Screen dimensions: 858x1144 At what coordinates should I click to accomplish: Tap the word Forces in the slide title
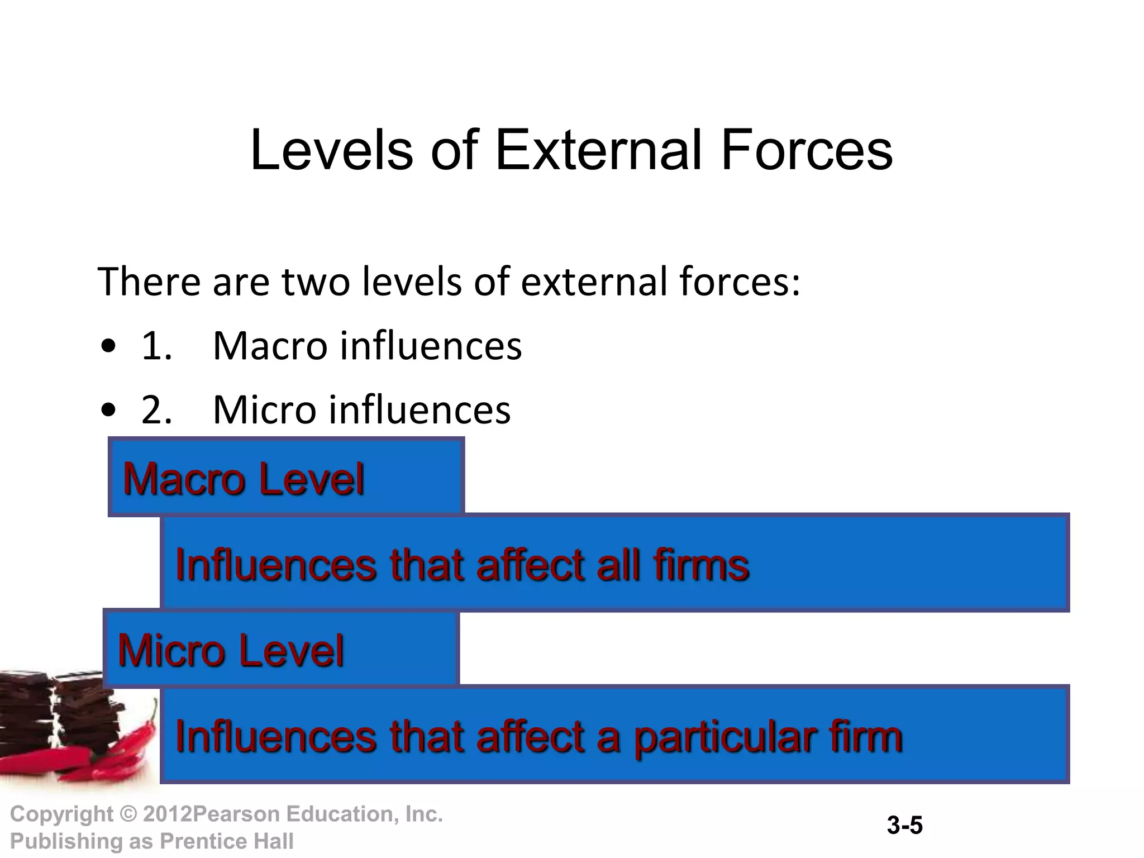pyautogui.click(x=807, y=150)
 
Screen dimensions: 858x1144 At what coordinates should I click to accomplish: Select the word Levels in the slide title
pyautogui.click(x=331, y=150)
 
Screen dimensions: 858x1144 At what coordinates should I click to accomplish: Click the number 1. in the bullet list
pyautogui.click(x=156, y=346)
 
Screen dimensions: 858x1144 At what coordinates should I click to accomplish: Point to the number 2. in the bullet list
pyautogui.click(x=156, y=409)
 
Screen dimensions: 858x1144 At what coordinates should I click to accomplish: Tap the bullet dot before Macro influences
pyautogui.click(x=109, y=347)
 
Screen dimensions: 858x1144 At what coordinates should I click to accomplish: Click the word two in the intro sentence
pyautogui.click(x=316, y=282)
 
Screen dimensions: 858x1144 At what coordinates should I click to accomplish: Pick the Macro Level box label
pyautogui.click(x=244, y=479)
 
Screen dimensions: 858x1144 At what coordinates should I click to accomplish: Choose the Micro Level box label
pyautogui.click(x=231, y=650)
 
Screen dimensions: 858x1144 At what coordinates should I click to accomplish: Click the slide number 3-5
pyautogui.click(x=904, y=826)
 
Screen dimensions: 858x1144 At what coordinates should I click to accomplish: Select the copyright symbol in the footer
pyautogui.click(x=128, y=814)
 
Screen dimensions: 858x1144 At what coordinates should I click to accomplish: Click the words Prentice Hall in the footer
pyautogui.click(x=227, y=841)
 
